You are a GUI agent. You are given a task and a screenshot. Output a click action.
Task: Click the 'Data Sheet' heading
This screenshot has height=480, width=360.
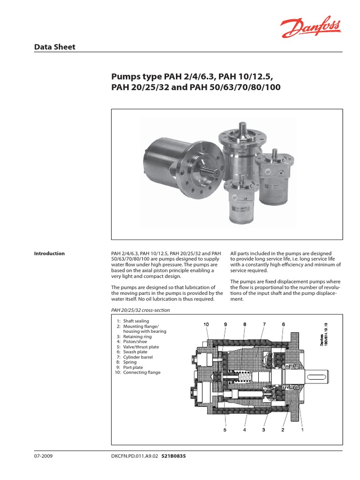coord(55,47)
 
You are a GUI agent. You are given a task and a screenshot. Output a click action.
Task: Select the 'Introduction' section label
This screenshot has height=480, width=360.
coord(49,254)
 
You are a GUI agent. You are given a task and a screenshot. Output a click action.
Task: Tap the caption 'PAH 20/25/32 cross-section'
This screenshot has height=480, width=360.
coord(140,310)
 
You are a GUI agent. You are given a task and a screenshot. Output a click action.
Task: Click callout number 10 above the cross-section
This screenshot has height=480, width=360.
coord(206,324)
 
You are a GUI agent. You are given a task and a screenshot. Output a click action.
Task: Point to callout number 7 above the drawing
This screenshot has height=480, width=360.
coord(264,324)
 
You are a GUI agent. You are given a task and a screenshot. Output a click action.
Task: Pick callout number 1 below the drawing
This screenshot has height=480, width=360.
coord(302,429)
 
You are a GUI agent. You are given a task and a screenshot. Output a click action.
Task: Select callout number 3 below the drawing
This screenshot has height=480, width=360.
coord(263,429)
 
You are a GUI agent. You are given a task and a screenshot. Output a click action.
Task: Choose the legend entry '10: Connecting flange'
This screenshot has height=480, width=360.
coord(137,372)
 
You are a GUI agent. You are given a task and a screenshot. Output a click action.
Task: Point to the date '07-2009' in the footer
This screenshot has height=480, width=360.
coord(44,455)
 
